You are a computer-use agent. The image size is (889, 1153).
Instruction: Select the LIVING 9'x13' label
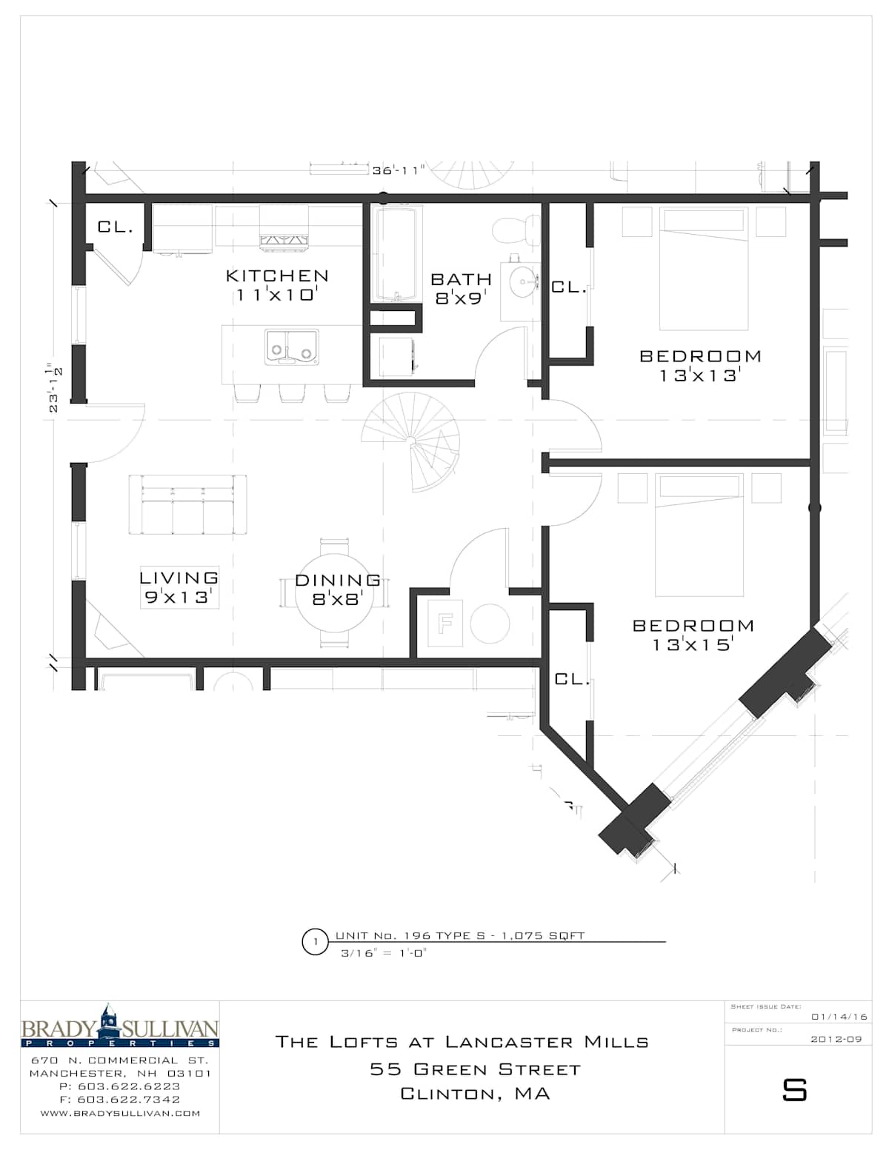(x=179, y=586)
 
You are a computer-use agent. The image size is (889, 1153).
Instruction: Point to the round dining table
(x=335, y=592)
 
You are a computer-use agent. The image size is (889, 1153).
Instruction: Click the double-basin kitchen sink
(x=292, y=347)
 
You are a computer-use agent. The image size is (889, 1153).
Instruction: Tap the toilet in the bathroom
(x=516, y=230)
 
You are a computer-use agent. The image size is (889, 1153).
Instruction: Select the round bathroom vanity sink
(x=522, y=281)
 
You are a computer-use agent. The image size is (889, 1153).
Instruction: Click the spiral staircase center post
(x=410, y=441)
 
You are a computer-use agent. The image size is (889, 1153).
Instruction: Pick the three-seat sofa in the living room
(x=187, y=504)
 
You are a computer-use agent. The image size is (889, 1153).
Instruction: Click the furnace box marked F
(x=445, y=622)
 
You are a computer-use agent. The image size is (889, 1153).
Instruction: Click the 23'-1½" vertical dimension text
(x=54, y=388)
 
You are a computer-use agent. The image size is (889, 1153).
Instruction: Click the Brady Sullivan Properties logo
(x=120, y=1026)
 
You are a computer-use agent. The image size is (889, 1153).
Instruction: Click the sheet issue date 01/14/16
(x=839, y=1017)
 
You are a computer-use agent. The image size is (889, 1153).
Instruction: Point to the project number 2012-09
(x=836, y=1040)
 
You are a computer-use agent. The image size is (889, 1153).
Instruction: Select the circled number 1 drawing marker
(x=316, y=942)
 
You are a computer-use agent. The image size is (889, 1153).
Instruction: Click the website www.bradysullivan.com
(x=120, y=1114)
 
